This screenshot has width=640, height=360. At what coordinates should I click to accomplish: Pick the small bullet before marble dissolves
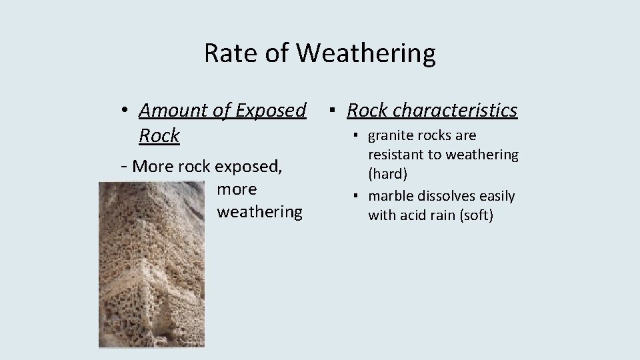click(357, 197)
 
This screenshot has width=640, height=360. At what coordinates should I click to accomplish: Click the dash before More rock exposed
click(125, 166)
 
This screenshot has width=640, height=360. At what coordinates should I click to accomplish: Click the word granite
click(390, 136)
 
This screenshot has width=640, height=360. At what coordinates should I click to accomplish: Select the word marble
click(390, 196)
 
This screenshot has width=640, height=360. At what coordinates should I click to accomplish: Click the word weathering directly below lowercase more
click(259, 212)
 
